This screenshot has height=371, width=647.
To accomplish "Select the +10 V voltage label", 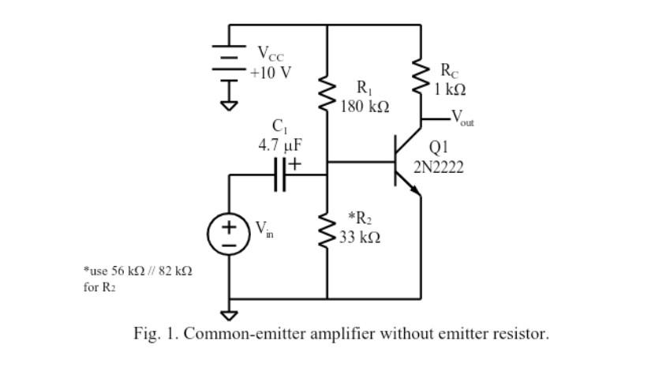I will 271,73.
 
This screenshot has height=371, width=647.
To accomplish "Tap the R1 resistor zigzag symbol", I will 327,96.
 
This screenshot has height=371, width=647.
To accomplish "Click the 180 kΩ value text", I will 365,105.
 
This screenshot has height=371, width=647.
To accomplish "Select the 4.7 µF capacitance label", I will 280,145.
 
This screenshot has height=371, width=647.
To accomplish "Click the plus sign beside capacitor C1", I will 294,163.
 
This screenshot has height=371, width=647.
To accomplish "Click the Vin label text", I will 263,229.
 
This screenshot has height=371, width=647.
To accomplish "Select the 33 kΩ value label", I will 360,237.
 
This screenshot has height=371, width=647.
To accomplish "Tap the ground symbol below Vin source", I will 229,314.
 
